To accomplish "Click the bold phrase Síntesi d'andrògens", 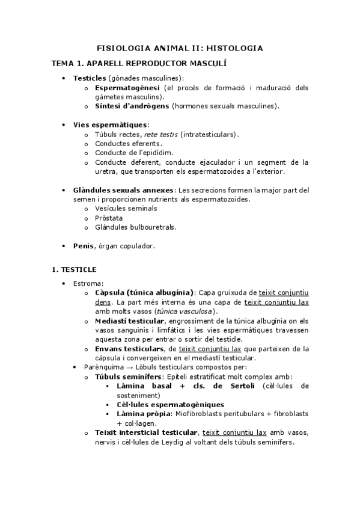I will coord(132,106).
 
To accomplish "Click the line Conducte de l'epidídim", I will coord(133,153).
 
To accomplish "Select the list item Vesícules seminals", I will coord(126,208).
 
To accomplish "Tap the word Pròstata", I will coord(109,218).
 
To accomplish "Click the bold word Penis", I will coord(84,246).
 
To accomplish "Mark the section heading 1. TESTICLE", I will coord(74,269).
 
